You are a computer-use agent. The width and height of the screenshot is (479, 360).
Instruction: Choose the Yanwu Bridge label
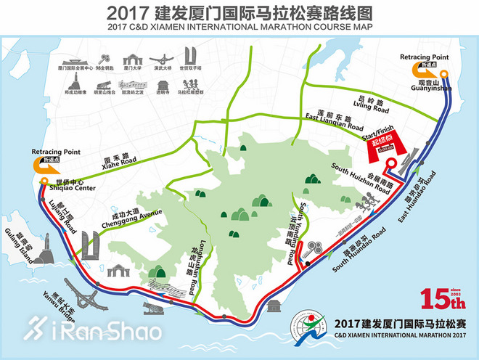[x=64, y=303]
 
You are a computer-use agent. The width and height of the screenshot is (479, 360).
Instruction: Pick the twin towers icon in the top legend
[x=190, y=56]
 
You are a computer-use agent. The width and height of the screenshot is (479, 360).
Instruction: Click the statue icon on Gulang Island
[x=46, y=255]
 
